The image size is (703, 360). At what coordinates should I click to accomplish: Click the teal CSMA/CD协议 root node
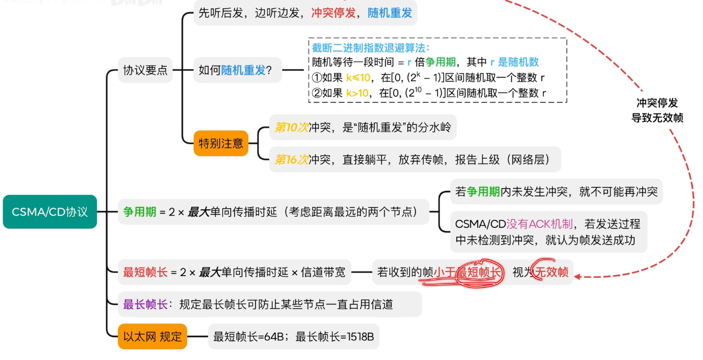[x=50, y=212]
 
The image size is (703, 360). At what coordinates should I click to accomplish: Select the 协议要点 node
[x=145, y=70]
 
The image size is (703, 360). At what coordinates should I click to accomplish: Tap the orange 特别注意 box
[x=221, y=143]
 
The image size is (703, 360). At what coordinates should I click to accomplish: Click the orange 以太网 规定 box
[x=152, y=337]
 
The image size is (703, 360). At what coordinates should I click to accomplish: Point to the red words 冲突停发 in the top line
[x=333, y=13]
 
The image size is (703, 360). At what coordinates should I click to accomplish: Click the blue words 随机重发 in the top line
[x=390, y=13]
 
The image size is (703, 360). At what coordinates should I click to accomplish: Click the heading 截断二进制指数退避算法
[x=371, y=47]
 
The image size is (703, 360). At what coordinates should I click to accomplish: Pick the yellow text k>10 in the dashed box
[x=358, y=93]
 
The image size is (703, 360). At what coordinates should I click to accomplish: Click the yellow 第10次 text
[x=291, y=128]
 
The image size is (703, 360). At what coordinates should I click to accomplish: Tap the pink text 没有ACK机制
[x=540, y=224]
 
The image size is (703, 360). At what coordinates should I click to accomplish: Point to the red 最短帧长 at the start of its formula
[x=145, y=272]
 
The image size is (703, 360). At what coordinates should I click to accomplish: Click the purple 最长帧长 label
[x=145, y=304]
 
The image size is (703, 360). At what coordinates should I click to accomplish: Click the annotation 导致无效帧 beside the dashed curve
[x=657, y=118]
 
